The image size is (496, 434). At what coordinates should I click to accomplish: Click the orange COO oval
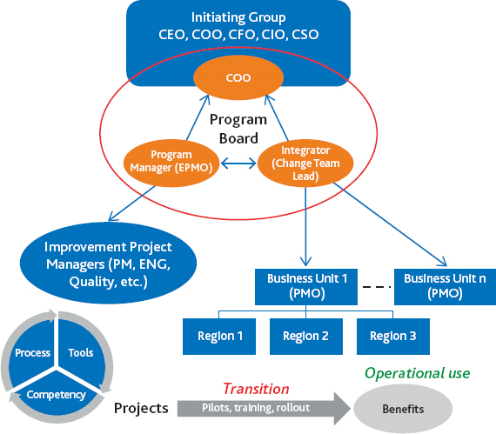click(238, 78)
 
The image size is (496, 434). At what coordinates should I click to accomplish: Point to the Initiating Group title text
click(238, 17)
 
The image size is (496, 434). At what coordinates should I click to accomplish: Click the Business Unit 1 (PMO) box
click(305, 286)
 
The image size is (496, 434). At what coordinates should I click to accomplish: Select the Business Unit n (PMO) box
click(444, 286)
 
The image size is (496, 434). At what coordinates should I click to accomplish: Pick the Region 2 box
click(305, 336)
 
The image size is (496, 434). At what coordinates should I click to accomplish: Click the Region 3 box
click(392, 336)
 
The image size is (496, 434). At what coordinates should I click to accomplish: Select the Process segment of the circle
click(33, 352)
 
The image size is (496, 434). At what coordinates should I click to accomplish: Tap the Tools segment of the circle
click(80, 352)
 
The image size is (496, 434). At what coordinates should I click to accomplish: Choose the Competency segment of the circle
click(57, 393)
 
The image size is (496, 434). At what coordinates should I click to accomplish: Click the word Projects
click(139, 407)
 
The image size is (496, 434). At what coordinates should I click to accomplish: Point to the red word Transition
click(255, 389)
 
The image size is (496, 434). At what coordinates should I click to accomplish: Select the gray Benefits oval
click(405, 407)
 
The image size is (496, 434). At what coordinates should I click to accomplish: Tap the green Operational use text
click(417, 373)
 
